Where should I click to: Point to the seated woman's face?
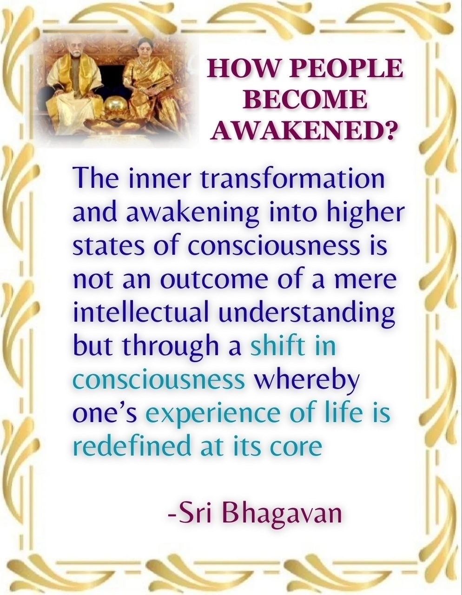tap(145, 53)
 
